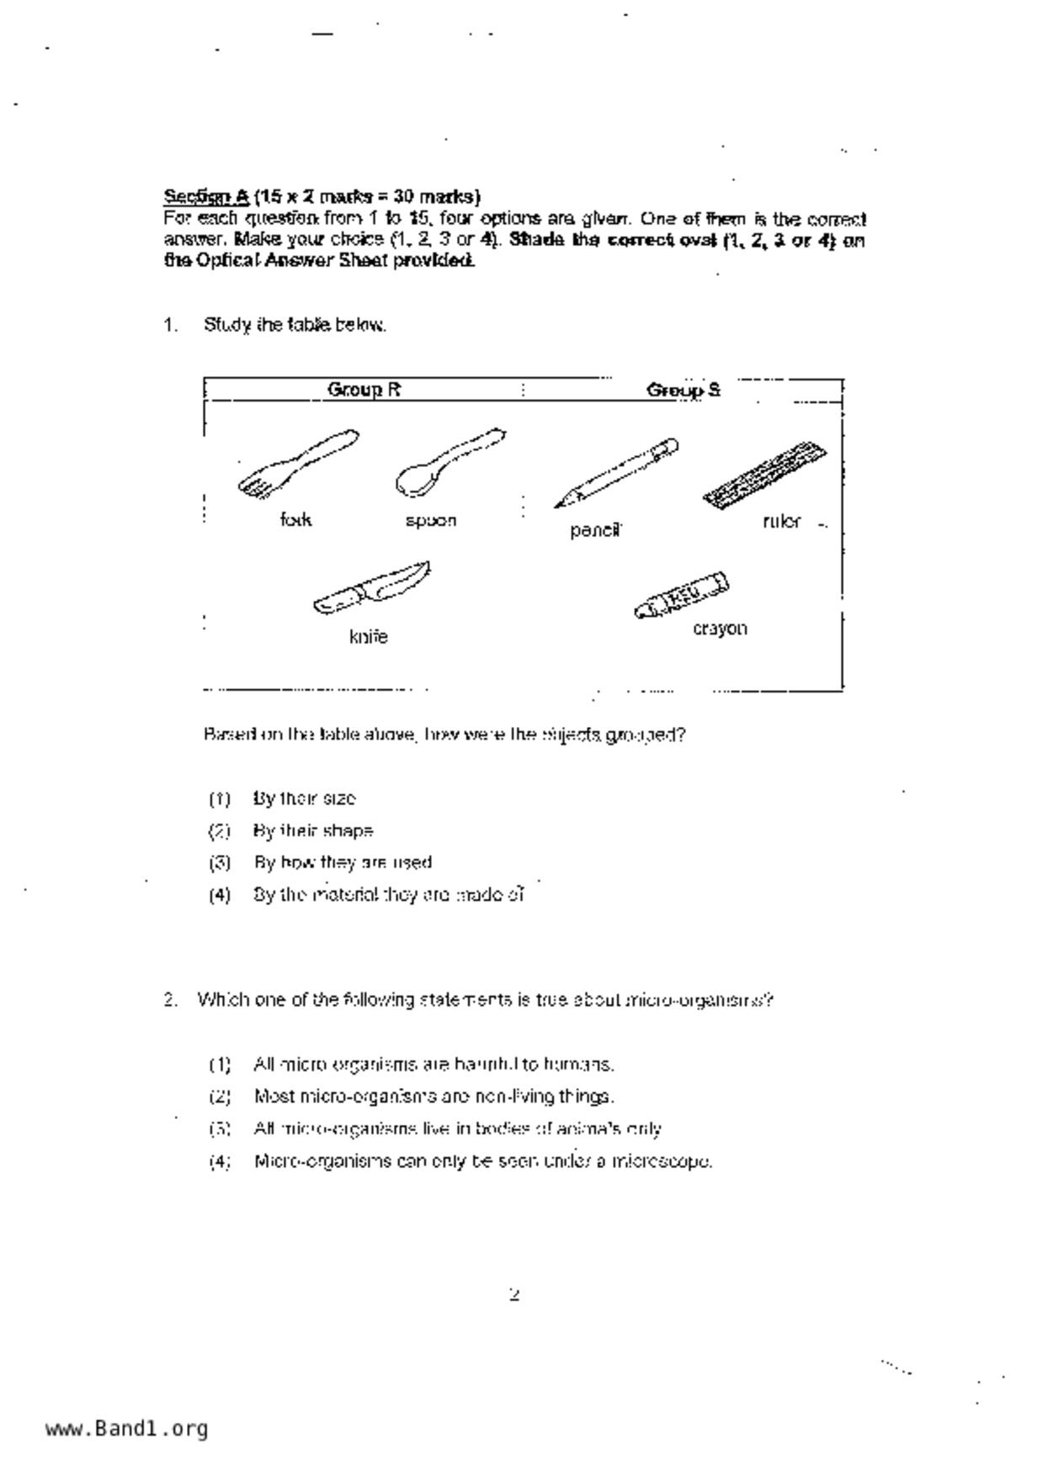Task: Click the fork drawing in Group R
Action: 296,464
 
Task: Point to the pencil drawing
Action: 615,473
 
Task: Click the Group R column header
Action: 364,390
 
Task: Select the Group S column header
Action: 683,390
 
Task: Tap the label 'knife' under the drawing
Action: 369,637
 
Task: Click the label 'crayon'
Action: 720,629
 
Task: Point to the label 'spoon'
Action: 430,521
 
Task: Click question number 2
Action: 171,1000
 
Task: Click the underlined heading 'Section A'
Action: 206,197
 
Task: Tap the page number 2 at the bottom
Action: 514,1294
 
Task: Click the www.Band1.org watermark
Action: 126,1428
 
